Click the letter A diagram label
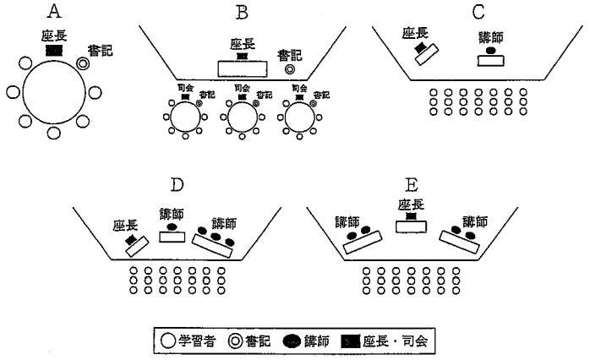click(x=55, y=11)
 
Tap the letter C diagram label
click(x=478, y=11)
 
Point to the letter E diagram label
click(x=412, y=184)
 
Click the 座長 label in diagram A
click(x=54, y=37)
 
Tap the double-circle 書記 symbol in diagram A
click(x=82, y=63)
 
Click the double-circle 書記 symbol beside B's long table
click(x=290, y=70)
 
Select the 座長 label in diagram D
click(x=127, y=225)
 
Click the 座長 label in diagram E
click(x=410, y=203)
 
